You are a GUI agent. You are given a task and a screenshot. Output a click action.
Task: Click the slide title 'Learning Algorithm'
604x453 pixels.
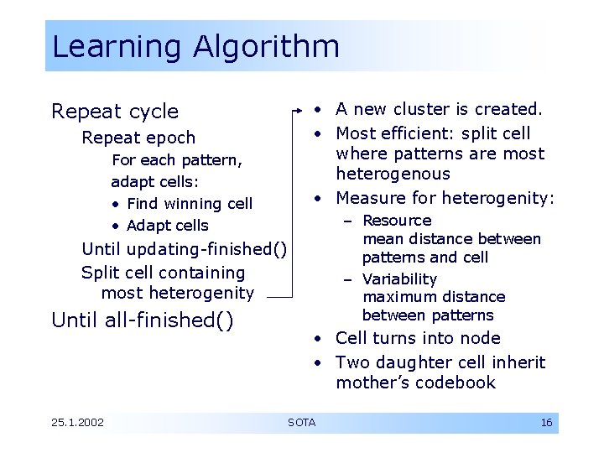[x=195, y=46]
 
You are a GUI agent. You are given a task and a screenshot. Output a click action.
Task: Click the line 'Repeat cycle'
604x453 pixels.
[x=115, y=112]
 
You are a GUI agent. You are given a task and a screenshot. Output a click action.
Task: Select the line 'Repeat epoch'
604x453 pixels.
[x=138, y=138]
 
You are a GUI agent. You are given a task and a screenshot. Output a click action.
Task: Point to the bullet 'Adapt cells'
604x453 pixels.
[x=167, y=226]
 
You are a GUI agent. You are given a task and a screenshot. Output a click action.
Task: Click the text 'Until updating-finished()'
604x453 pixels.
[x=184, y=249]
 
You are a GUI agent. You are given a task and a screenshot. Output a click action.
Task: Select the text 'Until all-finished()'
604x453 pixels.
[x=143, y=320]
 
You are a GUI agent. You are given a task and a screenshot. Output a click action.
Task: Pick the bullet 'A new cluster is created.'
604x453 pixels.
[x=439, y=109]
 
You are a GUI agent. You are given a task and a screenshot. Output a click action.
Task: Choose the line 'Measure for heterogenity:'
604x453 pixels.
[x=445, y=199]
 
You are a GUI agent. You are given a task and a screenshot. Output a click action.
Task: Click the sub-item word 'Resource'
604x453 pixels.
[x=397, y=221]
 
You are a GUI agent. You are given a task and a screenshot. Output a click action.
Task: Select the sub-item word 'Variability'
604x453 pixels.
[x=399, y=279]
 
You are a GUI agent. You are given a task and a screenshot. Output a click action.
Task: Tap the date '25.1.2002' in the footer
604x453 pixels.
[x=77, y=423]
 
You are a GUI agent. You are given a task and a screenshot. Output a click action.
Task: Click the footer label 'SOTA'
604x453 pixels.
[x=301, y=423]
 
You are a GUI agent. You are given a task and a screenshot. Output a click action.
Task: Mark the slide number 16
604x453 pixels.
[x=546, y=423]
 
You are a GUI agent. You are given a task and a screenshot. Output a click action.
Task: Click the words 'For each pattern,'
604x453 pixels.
[x=177, y=160]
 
